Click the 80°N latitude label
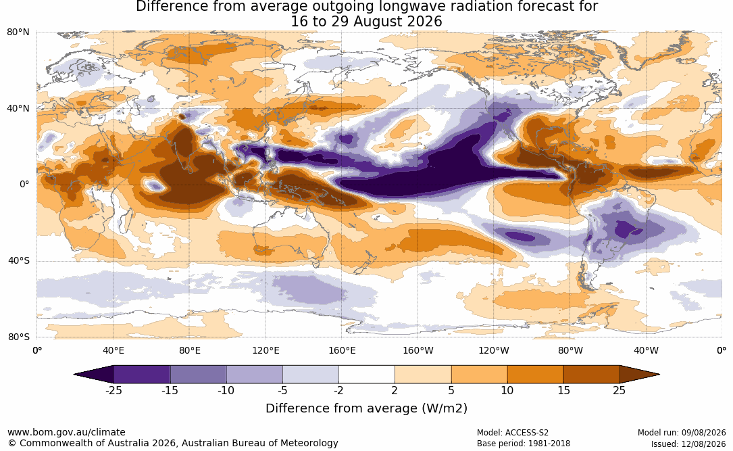18,32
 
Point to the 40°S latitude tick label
18,260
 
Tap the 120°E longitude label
266,350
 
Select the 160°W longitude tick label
418,350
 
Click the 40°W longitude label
647,350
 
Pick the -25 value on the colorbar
113,390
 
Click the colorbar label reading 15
564,390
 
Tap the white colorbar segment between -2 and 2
367,375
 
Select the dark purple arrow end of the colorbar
93,375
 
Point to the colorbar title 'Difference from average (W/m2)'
366,408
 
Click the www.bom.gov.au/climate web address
66,432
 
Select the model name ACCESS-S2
527,433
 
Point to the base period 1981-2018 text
548,444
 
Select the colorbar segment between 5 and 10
479,375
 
